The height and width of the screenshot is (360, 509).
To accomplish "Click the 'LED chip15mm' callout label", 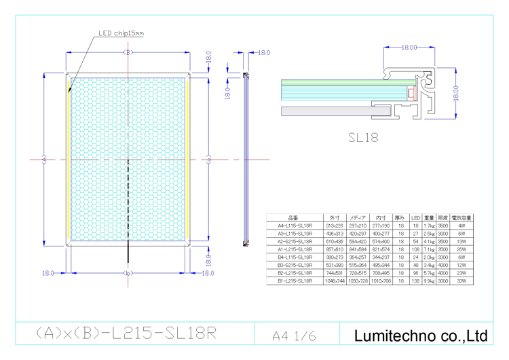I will [x=121, y=32].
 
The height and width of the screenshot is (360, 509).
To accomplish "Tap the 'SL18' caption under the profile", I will [x=363, y=137].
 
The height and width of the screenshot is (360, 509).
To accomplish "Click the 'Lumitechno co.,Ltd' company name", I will [x=421, y=335].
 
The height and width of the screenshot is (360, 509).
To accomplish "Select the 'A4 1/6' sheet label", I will [x=295, y=336].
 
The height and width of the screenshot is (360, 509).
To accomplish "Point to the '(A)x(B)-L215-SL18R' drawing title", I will [x=127, y=334].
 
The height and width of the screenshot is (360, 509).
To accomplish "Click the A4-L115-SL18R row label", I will [x=295, y=226].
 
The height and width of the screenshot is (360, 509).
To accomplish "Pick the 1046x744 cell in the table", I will [x=335, y=280].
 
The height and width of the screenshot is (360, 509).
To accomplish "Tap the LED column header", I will [x=415, y=217].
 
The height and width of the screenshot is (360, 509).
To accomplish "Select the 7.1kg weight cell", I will [x=428, y=249].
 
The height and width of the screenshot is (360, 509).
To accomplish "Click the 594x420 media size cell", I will [x=357, y=241].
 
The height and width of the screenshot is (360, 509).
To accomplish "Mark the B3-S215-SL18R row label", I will [x=295, y=264].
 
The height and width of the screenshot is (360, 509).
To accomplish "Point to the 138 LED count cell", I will [x=415, y=280].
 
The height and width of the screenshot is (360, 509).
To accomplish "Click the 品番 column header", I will [x=295, y=217].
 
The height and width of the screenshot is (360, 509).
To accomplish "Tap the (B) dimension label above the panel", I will [x=126, y=52].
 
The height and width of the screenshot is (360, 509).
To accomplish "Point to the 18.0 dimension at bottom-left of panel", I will [x=48, y=273].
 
